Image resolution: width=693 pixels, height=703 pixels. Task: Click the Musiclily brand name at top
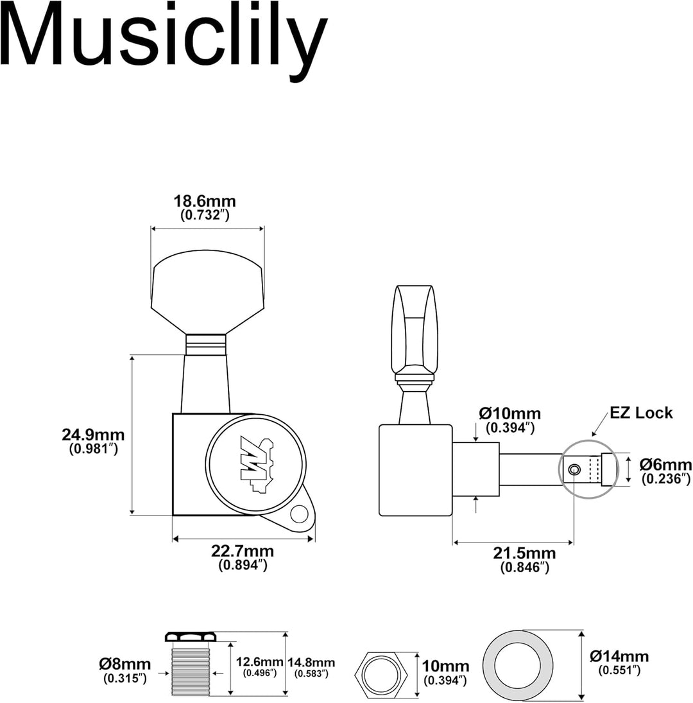pos(164,40)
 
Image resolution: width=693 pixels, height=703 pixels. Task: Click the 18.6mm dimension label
pos(205,202)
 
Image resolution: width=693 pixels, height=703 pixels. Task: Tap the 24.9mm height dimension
pos(93,435)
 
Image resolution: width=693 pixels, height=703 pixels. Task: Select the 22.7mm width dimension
pos(243,551)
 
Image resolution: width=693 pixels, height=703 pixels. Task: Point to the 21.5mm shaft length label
pos(525,553)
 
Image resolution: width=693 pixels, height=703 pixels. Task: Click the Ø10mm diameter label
pos(509,413)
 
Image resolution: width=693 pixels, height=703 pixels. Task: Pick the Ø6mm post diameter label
pos(665,464)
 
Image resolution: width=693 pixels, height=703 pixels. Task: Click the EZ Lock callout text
pos(641,412)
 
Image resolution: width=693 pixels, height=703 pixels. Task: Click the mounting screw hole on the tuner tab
pos(299,514)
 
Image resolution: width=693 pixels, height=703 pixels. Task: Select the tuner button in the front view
pos(207,292)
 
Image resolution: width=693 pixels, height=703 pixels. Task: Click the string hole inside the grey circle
pos(574,469)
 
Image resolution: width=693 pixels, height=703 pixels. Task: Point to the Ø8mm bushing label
pos(124,664)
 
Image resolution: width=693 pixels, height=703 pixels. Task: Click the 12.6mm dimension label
pos(259,662)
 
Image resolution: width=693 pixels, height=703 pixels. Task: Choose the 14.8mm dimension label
pos(311,662)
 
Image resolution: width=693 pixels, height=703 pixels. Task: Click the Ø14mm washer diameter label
pos(619,656)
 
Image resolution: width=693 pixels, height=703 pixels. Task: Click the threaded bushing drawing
pos(191,664)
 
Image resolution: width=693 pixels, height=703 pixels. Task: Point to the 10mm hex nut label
pos(445,666)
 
